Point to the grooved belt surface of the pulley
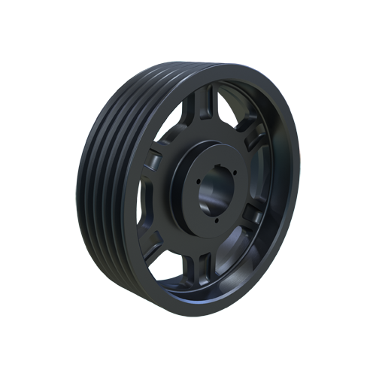[x=102, y=188]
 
